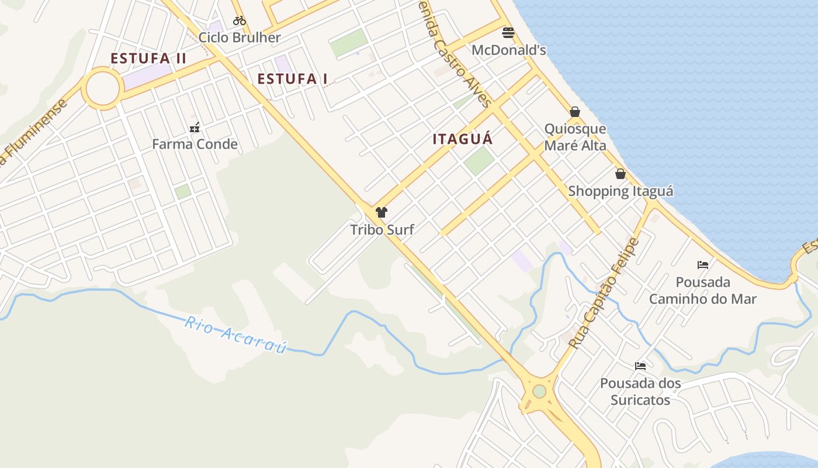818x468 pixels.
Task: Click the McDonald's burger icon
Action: coord(508,32)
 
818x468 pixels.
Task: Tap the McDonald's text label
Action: coord(508,50)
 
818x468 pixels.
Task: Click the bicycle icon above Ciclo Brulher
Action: coord(239,20)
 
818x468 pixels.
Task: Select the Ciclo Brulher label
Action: coord(240,38)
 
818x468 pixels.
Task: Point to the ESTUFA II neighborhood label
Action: coord(148,58)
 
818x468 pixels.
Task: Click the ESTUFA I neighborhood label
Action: coord(292,79)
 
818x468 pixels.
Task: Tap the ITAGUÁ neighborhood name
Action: coord(463,139)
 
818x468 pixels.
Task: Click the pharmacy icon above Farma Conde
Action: coord(195,127)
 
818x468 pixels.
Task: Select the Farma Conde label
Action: coord(195,144)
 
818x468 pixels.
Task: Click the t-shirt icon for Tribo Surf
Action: coord(382,212)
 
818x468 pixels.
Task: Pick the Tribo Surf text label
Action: coord(382,230)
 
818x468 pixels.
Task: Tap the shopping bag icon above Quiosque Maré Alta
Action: coord(575,112)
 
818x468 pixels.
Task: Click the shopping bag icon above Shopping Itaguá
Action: coord(621,174)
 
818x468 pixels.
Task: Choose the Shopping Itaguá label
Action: coord(621,191)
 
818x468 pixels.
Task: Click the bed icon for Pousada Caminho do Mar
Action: coord(703,265)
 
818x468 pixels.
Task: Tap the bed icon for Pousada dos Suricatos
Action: coord(640,366)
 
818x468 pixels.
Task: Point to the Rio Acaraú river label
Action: coord(236,335)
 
